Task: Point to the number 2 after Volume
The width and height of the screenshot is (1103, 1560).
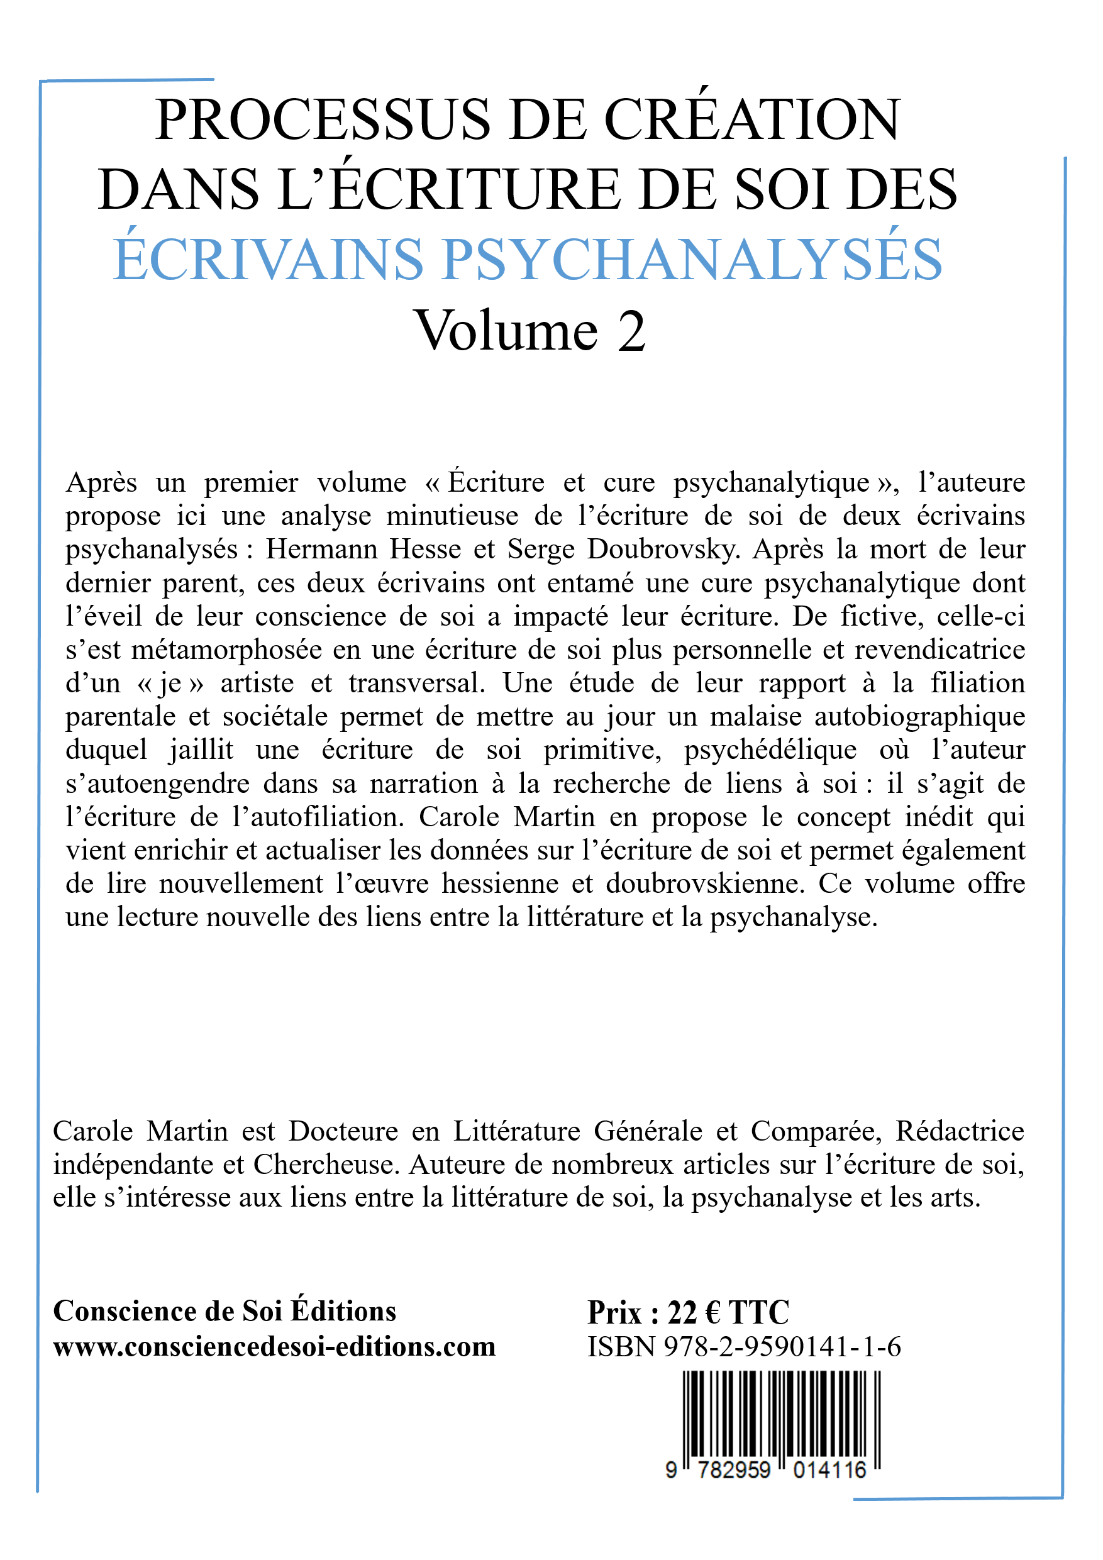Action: point(631,331)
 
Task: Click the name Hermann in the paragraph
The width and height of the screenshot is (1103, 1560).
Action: point(319,549)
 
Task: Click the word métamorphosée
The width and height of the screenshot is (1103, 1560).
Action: point(226,650)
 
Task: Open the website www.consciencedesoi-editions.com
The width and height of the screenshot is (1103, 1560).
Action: point(275,1346)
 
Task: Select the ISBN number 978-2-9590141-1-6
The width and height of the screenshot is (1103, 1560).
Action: point(782,1347)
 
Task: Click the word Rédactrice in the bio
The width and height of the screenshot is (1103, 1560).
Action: point(960,1131)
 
